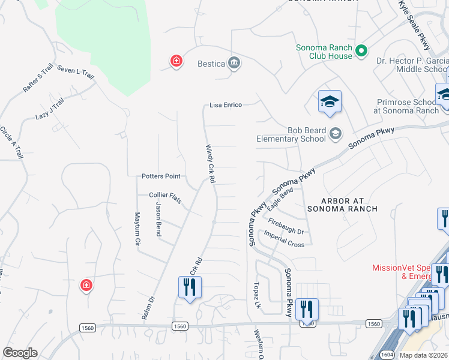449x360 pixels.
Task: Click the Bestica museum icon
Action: click(x=234, y=63)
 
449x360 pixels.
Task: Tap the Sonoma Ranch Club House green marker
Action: click(x=361, y=51)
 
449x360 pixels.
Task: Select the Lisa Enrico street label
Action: click(x=226, y=105)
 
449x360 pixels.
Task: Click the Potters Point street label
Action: click(x=161, y=176)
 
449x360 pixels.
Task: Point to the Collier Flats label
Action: click(x=166, y=195)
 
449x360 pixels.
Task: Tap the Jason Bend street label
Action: click(x=158, y=219)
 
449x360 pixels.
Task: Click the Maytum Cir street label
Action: click(x=137, y=230)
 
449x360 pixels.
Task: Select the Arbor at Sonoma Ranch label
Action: click(x=342, y=205)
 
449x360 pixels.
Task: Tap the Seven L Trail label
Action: click(x=76, y=73)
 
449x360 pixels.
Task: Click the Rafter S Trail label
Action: click(x=38, y=79)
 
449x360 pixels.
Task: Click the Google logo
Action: click(x=20, y=353)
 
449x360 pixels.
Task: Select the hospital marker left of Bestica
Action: click(x=176, y=61)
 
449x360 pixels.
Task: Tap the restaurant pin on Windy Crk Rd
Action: click(x=190, y=287)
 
